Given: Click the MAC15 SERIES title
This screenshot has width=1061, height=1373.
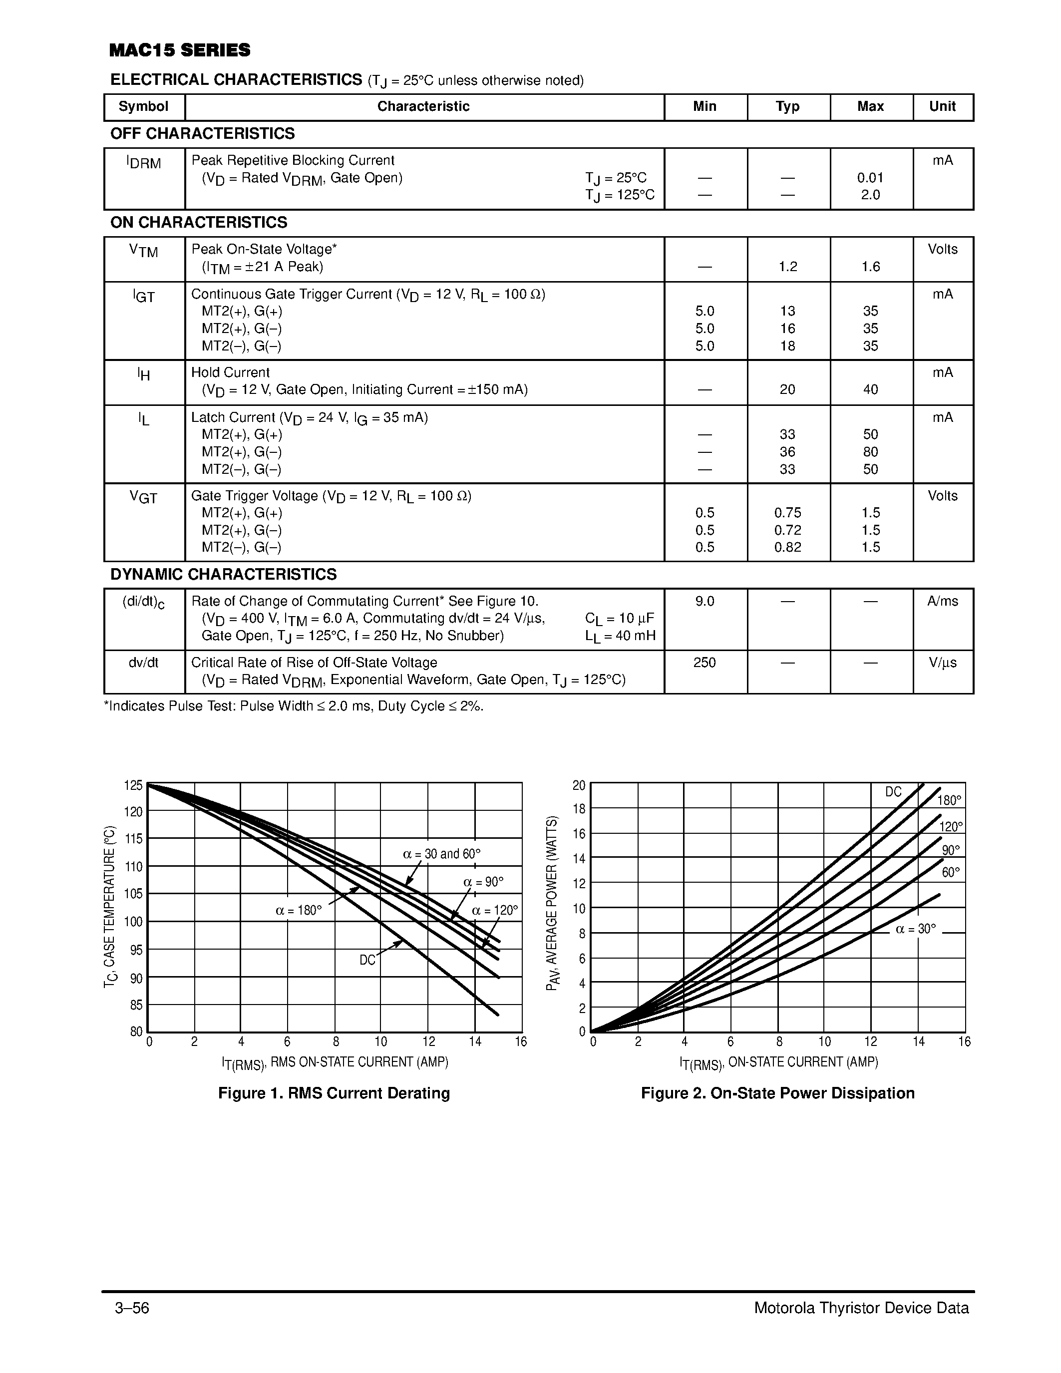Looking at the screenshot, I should pyautogui.click(x=180, y=50).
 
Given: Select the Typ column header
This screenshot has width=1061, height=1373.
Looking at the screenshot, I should pyautogui.click(x=787, y=107).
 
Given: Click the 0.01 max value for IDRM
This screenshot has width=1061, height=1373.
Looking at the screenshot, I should pyautogui.click(x=870, y=178).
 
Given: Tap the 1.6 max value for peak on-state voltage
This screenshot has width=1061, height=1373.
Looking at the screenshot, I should pyautogui.click(x=870, y=267).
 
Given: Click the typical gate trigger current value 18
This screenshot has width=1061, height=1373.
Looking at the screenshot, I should pyautogui.click(x=787, y=346).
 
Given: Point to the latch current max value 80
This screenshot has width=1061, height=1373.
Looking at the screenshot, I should pyautogui.click(x=870, y=452).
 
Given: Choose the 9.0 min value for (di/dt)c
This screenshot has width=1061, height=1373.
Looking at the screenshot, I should pyautogui.click(x=704, y=602).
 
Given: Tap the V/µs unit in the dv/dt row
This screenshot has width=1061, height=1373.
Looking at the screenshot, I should pyautogui.click(x=942, y=663).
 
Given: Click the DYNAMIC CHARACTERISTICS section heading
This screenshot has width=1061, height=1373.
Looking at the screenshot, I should pyautogui.click(x=223, y=575).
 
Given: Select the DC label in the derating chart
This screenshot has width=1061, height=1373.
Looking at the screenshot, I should pyautogui.click(x=367, y=960).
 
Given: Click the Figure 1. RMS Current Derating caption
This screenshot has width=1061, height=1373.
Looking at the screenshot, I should pyautogui.click(x=334, y=1093).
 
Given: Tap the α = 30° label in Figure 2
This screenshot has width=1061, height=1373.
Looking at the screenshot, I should pyautogui.click(x=915, y=929).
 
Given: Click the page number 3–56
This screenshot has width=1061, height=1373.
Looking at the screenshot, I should pyautogui.click(x=132, y=1308).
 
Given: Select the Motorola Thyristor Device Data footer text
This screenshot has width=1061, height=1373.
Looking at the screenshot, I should pyautogui.click(x=861, y=1308).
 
